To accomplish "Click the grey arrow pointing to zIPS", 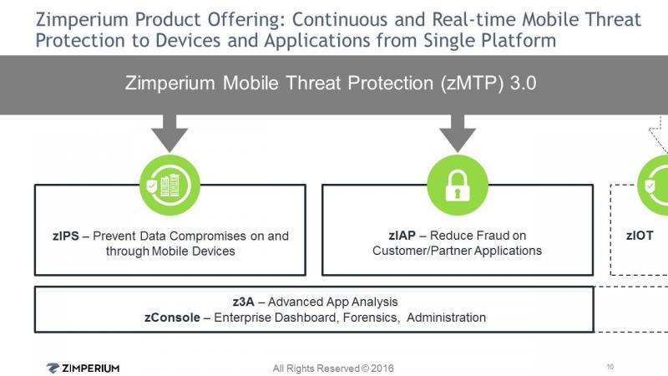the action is pyautogui.click(x=170, y=133).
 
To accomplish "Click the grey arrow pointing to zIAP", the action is pyautogui.click(x=458, y=133).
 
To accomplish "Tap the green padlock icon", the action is pyautogui.click(x=458, y=185).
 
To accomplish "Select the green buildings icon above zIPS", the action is pyautogui.click(x=170, y=185).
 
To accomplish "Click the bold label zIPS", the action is pyautogui.click(x=66, y=236).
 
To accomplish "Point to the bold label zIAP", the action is pyautogui.click(x=402, y=236).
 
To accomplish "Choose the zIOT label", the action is pyautogui.click(x=640, y=236).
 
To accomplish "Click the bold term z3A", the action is pyautogui.click(x=243, y=302).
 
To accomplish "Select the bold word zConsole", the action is pyautogui.click(x=172, y=318).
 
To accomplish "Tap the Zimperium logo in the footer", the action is pyautogui.click(x=83, y=368).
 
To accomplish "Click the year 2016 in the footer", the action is pyautogui.click(x=382, y=368).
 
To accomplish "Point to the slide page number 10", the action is pyautogui.click(x=610, y=367).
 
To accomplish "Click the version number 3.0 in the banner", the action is pyautogui.click(x=524, y=83).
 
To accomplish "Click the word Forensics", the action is pyautogui.click(x=371, y=318).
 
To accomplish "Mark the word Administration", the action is pyautogui.click(x=446, y=318).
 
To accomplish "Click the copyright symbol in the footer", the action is pyautogui.click(x=365, y=368).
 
